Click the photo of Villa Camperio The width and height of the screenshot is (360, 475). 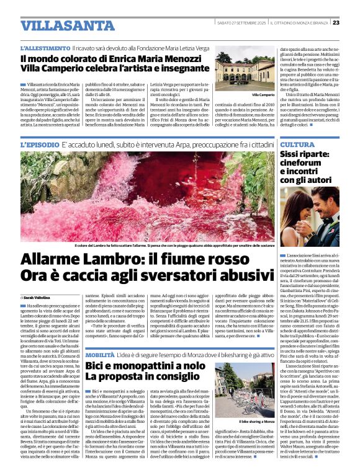click(246, 72)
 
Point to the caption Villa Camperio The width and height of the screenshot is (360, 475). click(262, 94)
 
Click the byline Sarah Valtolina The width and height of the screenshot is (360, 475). click(40, 298)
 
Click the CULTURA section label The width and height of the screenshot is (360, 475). click(297, 144)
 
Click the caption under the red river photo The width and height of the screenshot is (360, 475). click(149, 245)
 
